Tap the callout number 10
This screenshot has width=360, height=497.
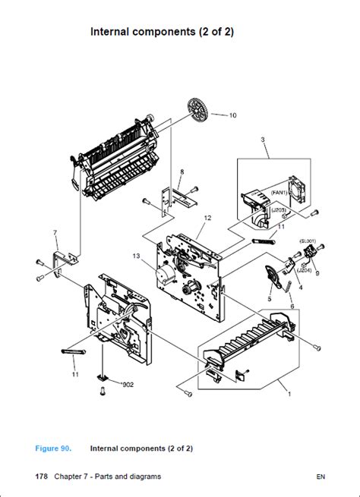coord(232,115)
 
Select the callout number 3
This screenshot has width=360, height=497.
coord(262,140)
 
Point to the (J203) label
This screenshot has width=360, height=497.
coord(279,209)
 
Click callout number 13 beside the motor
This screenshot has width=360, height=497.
coord(137,255)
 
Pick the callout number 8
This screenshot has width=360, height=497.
coord(182,172)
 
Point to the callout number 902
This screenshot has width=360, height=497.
coord(127,384)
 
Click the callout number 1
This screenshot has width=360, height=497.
coord(288,394)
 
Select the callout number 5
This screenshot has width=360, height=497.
coord(268,299)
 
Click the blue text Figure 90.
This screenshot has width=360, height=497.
coord(53,448)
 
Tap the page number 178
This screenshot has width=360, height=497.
coord(42,477)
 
